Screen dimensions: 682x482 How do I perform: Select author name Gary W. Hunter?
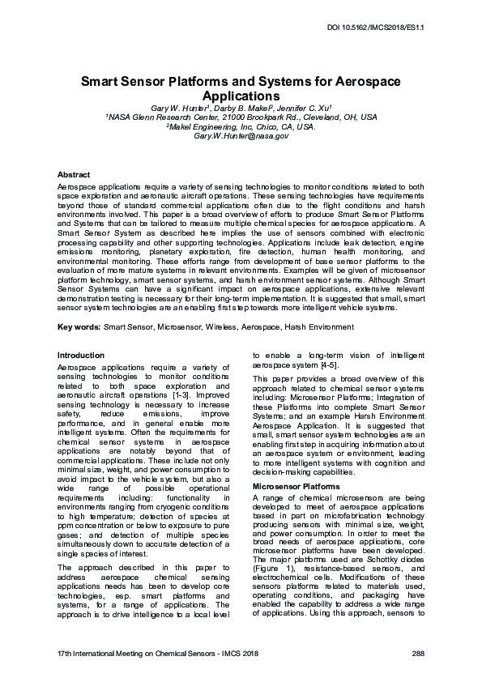pyautogui.click(x=181, y=107)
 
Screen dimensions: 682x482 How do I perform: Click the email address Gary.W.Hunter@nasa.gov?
pyautogui.click(x=241, y=136)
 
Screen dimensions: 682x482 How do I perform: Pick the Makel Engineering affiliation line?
pyautogui.click(x=241, y=126)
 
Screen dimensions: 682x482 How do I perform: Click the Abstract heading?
pyautogui.click(x=74, y=174)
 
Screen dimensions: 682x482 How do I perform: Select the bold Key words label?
pyautogui.click(x=79, y=326)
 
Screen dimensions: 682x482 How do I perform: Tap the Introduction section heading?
pyautogui.click(x=81, y=355)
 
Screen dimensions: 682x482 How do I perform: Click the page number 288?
pyautogui.click(x=418, y=653)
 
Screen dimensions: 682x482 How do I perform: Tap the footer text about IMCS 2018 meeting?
pyautogui.click(x=153, y=653)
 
